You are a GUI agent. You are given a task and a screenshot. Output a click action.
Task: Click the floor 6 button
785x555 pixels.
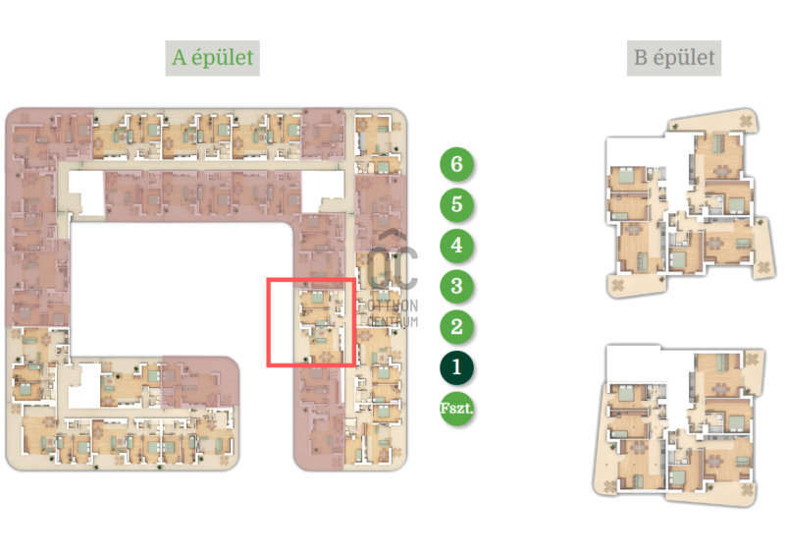(x=456, y=164)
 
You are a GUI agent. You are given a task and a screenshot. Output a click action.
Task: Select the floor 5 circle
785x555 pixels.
(x=456, y=204)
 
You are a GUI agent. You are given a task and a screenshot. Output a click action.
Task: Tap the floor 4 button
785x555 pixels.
(x=456, y=246)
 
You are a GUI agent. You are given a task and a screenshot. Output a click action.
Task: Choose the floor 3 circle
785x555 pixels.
(x=456, y=286)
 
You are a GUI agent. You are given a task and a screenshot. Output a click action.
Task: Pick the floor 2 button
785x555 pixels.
(x=456, y=327)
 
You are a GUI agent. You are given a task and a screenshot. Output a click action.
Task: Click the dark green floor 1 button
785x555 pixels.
(x=456, y=367)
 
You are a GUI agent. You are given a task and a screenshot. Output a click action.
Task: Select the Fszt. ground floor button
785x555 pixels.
(x=456, y=408)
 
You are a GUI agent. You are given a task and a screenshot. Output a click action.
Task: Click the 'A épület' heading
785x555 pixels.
(x=213, y=58)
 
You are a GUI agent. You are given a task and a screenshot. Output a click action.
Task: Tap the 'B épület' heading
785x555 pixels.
(x=674, y=58)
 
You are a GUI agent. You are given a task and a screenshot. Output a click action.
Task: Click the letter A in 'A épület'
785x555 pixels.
(x=179, y=58)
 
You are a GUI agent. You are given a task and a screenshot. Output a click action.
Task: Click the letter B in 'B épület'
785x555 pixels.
(x=641, y=58)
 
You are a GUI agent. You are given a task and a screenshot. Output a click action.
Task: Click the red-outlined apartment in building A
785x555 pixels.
(x=311, y=322)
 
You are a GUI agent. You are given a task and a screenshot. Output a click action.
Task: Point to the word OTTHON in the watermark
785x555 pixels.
(x=392, y=305)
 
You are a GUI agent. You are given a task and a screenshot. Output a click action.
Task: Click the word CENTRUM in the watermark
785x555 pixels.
(x=392, y=321)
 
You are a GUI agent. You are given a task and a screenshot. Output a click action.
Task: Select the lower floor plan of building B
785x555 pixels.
(x=678, y=425)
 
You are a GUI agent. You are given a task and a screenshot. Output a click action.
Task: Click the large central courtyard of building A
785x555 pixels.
(x=182, y=288)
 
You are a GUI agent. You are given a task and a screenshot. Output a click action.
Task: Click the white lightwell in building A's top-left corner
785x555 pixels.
(x=86, y=194)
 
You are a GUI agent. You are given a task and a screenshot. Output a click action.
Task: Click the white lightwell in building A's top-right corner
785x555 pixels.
(x=323, y=191)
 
